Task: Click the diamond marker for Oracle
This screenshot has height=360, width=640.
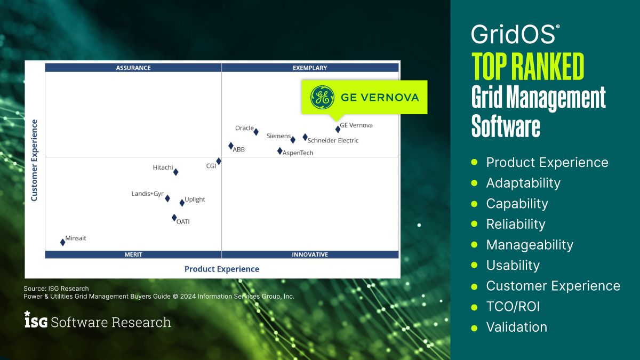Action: (x=256, y=132)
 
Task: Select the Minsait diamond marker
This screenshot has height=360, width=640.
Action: (x=63, y=242)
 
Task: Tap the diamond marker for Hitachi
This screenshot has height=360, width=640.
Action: (x=175, y=172)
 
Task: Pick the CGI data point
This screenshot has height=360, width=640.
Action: (x=219, y=161)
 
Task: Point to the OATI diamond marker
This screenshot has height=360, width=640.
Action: (x=174, y=217)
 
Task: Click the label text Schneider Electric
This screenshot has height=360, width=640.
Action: (x=333, y=141)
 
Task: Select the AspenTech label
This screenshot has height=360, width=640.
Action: (x=298, y=153)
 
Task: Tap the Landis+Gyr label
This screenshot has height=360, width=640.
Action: (x=147, y=194)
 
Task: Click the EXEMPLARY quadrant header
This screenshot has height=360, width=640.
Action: (x=310, y=68)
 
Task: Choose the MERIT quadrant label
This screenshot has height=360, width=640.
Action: (x=133, y=254)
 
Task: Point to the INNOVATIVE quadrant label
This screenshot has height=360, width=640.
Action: (x=310, y=254)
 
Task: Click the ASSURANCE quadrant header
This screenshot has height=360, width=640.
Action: (x=133, y=68)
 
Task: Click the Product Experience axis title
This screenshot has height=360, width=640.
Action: (x=222, y=269)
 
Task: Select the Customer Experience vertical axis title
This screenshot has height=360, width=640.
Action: (x=34, y=160)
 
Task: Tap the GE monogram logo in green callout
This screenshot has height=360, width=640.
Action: (x=322, y=97)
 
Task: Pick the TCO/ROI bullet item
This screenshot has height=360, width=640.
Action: (x=513, y=307)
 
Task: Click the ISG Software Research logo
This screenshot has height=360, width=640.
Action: (x=98, y=322)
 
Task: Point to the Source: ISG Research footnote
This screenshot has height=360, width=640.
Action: (x=56, y=289)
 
